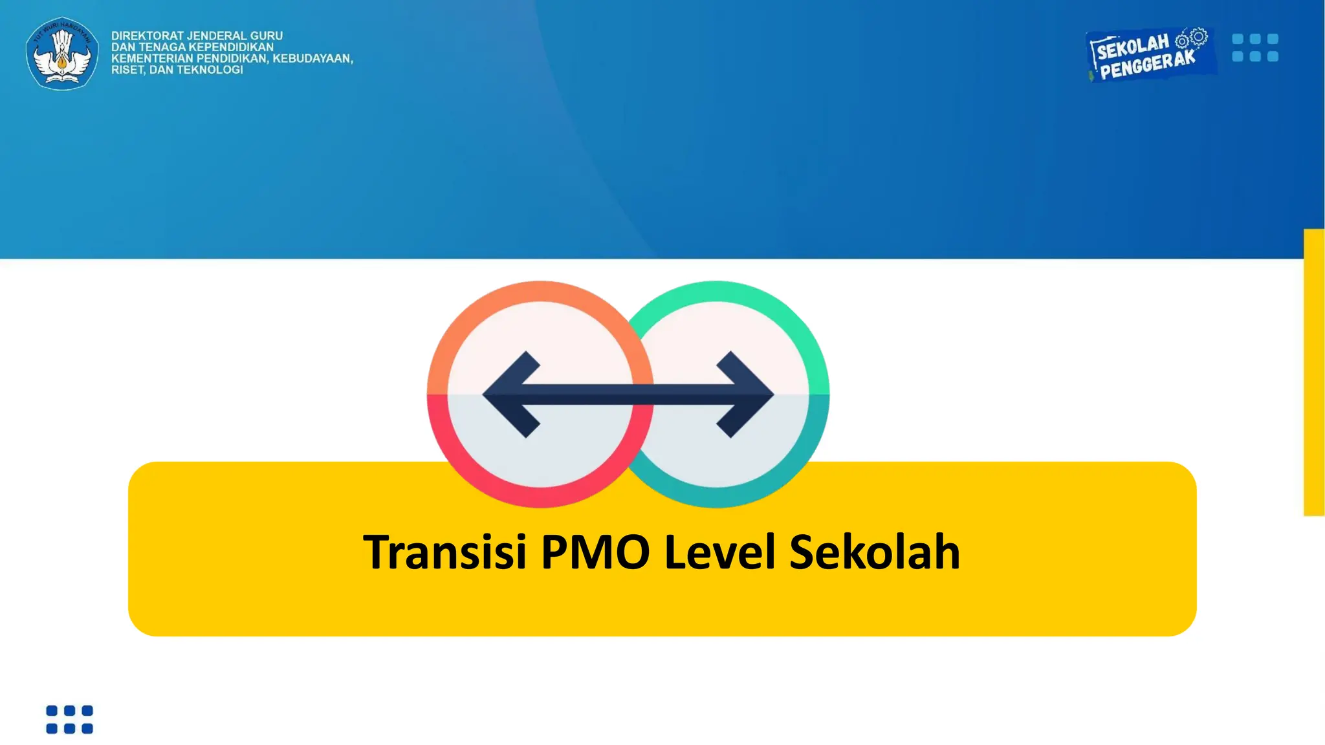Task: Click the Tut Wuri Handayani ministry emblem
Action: point(62,53)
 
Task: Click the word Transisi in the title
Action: point(444,552)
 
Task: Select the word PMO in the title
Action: point(595,552)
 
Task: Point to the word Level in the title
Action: point(719,552)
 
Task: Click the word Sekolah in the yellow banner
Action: point(874,552)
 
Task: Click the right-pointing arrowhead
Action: point(745,394)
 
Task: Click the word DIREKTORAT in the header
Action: point(148,36)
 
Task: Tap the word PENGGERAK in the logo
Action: point(1148,65)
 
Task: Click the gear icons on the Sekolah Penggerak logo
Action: point(1192,38)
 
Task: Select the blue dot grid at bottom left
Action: point(69,720)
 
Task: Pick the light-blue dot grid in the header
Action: point(1255,48)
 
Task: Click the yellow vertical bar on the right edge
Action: point(1314,372)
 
